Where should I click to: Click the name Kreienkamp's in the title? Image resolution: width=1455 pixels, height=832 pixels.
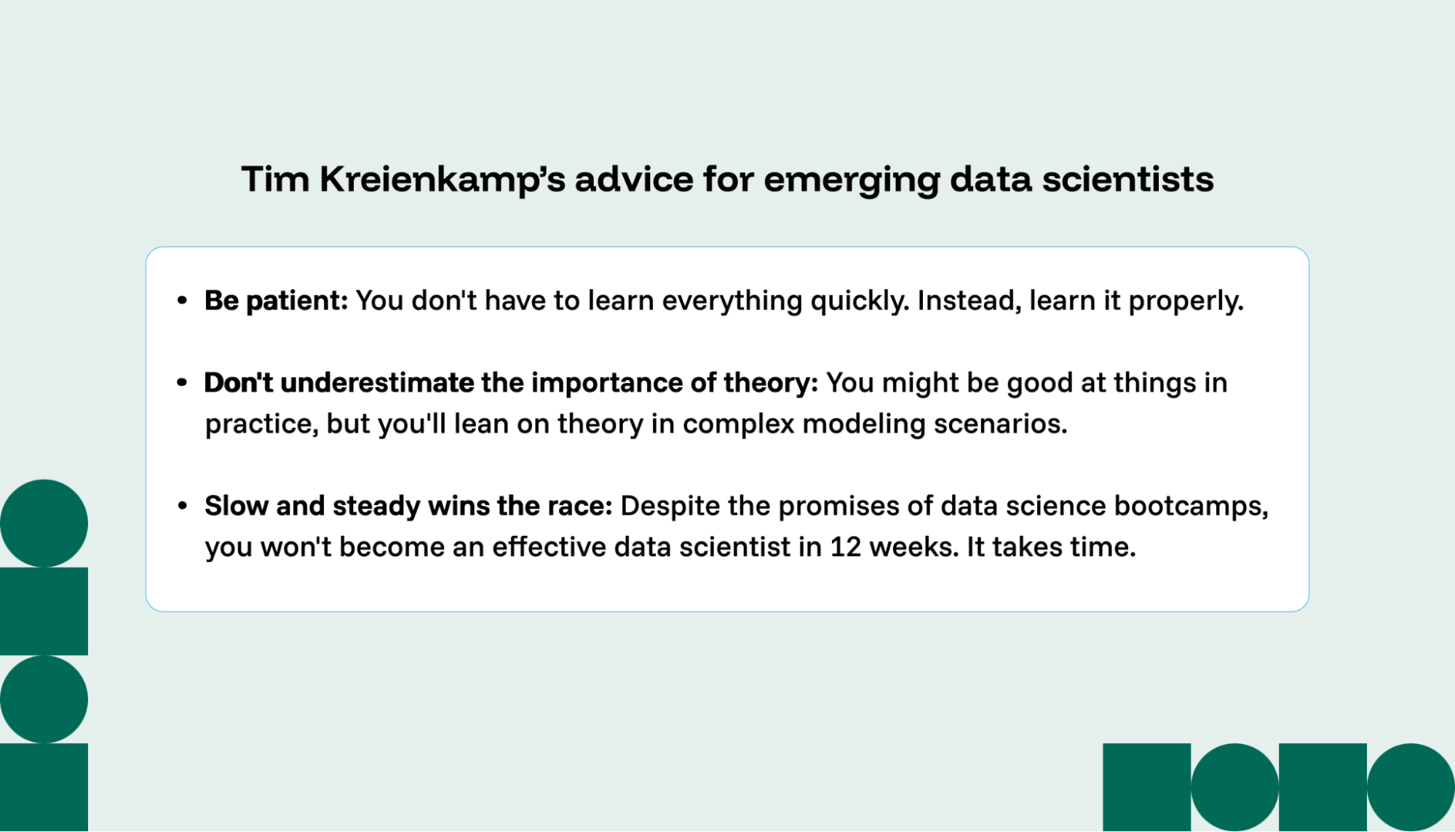coord(443,180)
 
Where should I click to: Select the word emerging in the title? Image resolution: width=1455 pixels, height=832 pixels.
coord(851,180)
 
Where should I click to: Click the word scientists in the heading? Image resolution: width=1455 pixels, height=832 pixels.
coord(1127,180)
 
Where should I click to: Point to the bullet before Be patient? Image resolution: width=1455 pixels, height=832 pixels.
coord(182,301)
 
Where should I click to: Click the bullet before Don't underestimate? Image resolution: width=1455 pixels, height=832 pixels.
coord(182,383)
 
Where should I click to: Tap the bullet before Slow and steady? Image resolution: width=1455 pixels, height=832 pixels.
coord(182,506)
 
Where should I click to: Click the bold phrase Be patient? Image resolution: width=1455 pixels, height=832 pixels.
coord(276,301)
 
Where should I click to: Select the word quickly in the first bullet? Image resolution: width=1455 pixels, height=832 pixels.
coord(860,301)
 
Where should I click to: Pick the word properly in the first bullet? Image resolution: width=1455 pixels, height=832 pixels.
coord(1186,301)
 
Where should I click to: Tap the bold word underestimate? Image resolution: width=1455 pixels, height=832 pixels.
coord(377,383)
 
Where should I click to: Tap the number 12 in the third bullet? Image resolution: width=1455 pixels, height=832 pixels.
coord(845,547)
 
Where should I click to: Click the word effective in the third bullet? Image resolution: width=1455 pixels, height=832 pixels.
coord(549,547)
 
